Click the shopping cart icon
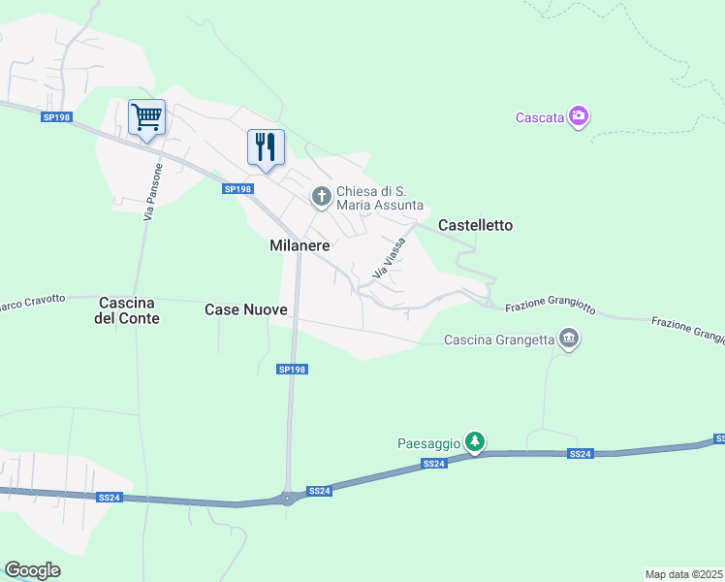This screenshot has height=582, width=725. (x=146, y=117)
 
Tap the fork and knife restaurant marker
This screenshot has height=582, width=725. (x=266, y=147)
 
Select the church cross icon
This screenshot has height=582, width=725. (x=321, y=197)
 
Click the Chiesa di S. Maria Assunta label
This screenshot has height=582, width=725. (x=379, y=198)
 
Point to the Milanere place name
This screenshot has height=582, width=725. (x=300, y=246)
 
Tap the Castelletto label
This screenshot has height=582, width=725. (x=475, y=225)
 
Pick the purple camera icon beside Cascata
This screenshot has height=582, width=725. (x=579, y=116)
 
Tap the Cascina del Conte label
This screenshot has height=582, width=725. (x=127, y=309)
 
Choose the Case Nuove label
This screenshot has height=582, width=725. (x=246, y=309)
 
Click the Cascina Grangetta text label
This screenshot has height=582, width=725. (x=499, y=339)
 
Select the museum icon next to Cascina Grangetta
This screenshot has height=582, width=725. (x=569, y=339)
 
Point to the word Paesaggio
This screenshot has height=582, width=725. (x=427, y=443)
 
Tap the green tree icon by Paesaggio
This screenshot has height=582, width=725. (x=474, y=442)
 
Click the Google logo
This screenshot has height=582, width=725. (x=32, y=570)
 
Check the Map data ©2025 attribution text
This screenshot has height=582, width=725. (x=684, y=574)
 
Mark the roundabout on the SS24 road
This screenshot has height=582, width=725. (x=288, y=499)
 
